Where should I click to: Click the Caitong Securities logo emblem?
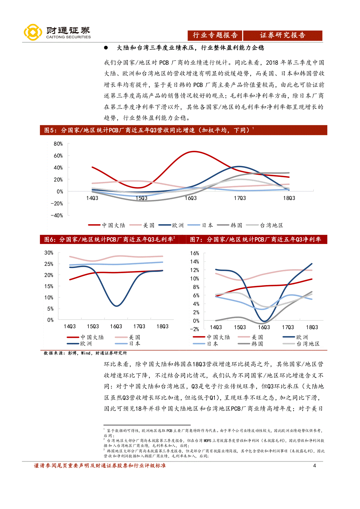[x=33, y=32]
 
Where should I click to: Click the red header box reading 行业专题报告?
[x=215, y=35]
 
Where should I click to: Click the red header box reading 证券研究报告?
[x=283, y=35]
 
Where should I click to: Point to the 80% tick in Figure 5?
[x=58, y=144]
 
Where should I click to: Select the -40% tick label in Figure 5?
[x=57, y=216]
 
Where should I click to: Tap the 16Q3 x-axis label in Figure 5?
[x=190, y=198]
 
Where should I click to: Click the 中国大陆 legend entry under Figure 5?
[x=107, y=225]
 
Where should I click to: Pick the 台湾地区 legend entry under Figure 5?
[x=265, y=225]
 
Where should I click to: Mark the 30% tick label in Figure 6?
[x=49, y=253]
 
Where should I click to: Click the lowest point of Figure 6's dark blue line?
[x=116, y=306]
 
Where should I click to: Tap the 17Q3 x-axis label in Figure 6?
[x=139, y=326]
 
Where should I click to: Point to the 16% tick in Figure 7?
[x=195, y=253]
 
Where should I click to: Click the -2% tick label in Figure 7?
[x=194, y=329]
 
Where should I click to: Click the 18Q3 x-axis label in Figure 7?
[x=312, y=327]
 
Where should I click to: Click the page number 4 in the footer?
[x=314, y=466]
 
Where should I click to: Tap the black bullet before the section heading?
[x=106, y=48]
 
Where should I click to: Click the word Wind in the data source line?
[x=86, y=353]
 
